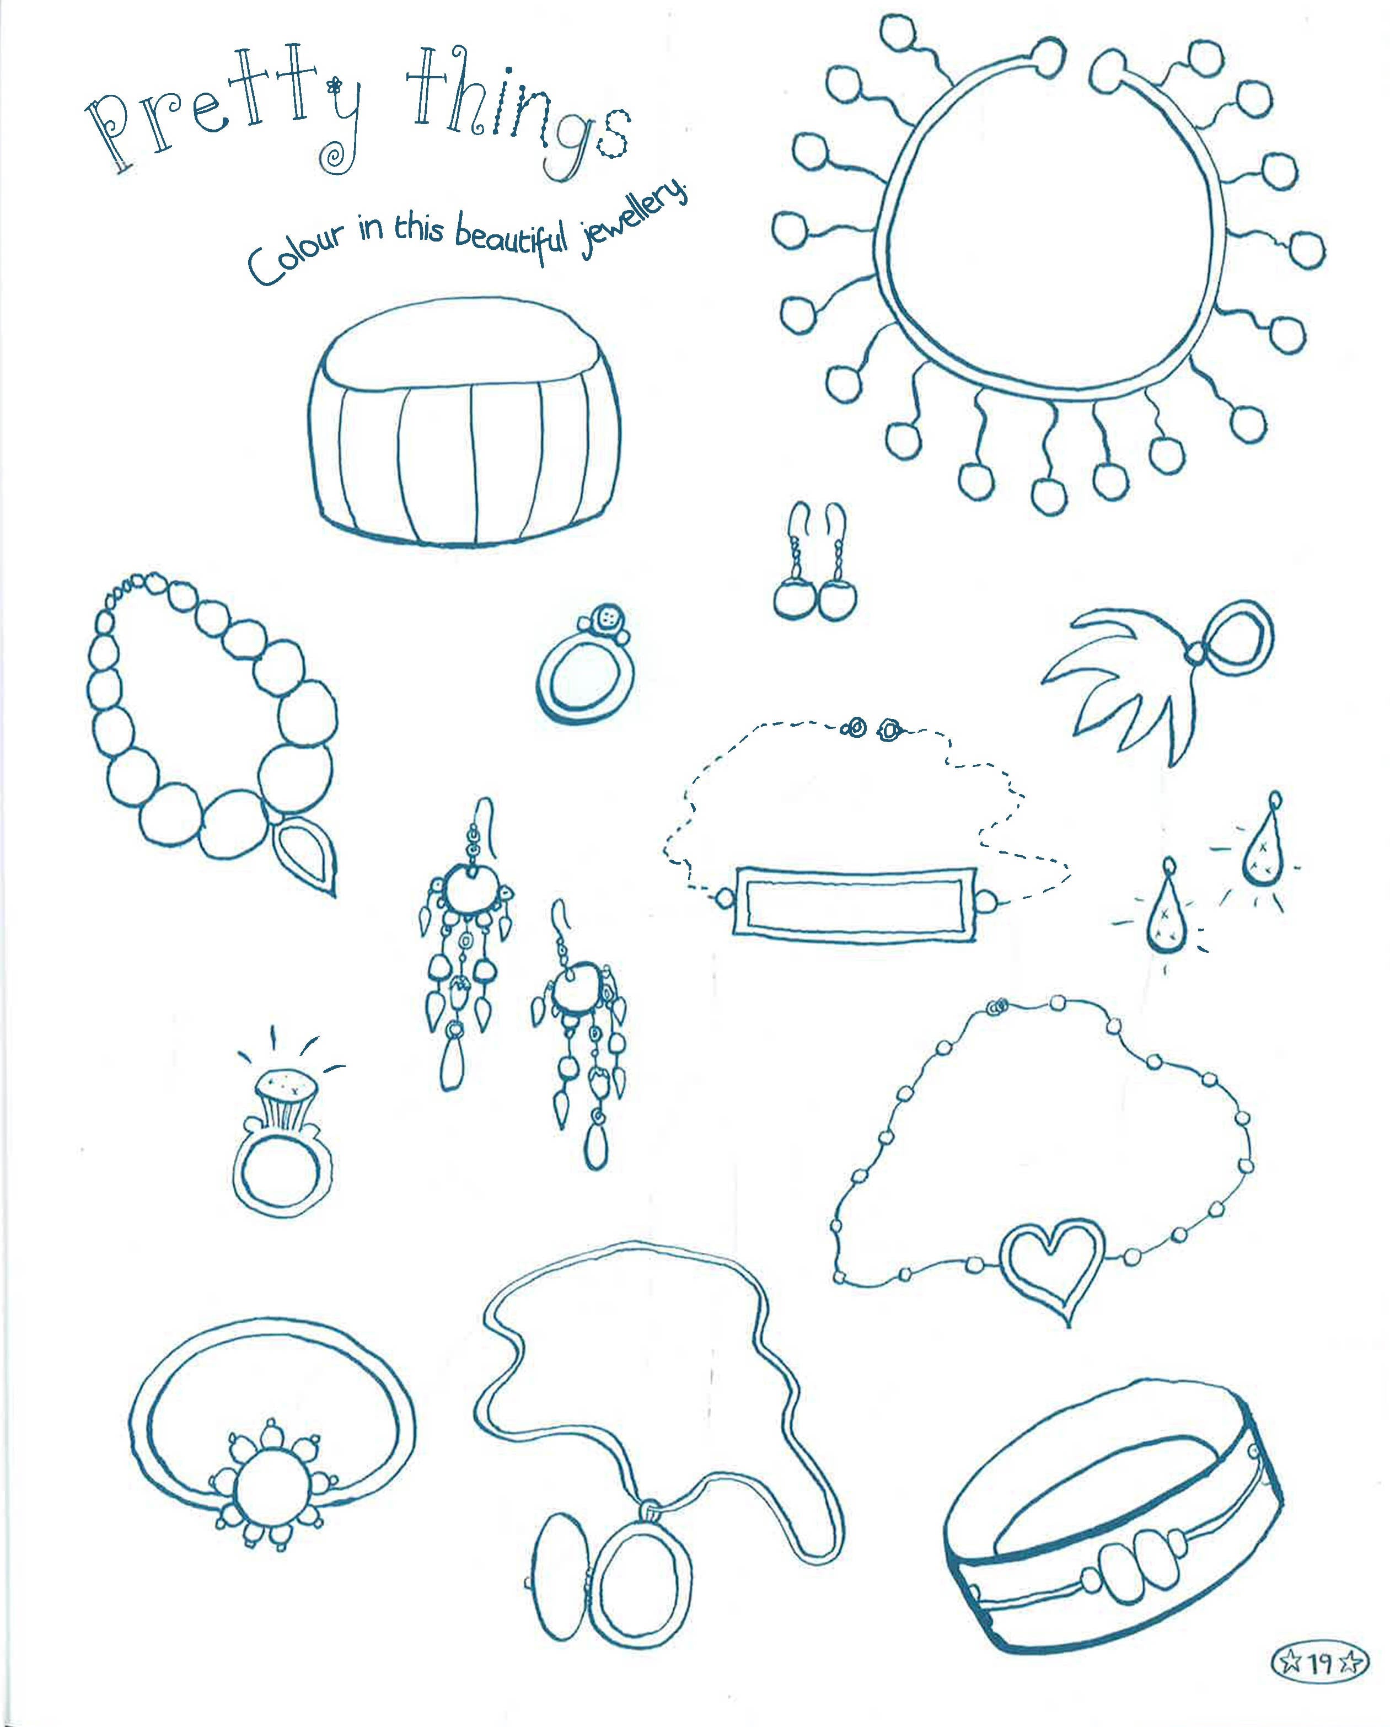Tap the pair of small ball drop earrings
pos(815,573)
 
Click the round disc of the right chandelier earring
pos(575,987)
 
